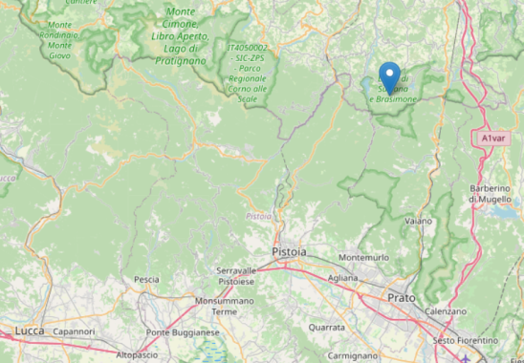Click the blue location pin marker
(389, 75)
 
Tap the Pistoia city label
(290, 250)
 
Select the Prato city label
(402, 298)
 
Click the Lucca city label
(30, 331)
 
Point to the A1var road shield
(493, 139)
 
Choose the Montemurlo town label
(364, 258)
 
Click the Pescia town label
(146, 279)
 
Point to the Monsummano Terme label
(224, 306)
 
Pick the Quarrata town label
(327, 326)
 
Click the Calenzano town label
(447, 311)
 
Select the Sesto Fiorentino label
(466, 340)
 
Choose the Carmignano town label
(353, 354)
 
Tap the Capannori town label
(75, 332)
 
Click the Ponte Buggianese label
(183, 332)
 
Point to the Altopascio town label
(138, 354)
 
